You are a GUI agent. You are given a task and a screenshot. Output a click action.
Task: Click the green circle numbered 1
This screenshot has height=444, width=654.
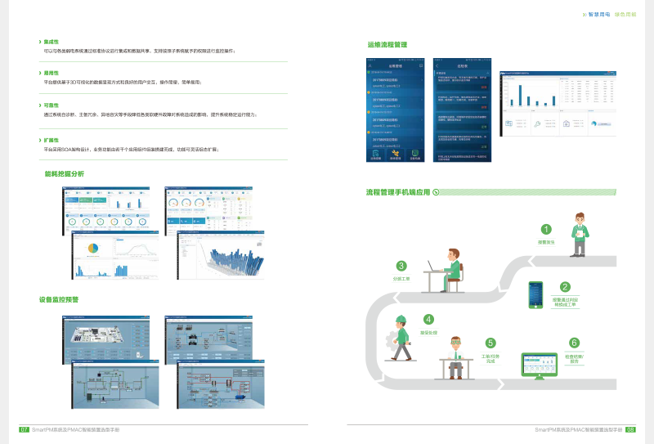point(546,207)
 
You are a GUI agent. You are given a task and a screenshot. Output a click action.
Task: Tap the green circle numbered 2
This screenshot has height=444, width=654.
point(565,287)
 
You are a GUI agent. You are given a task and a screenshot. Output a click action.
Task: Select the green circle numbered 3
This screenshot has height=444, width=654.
point(401,265)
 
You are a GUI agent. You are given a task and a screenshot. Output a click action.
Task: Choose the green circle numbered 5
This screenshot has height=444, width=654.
point(490,343)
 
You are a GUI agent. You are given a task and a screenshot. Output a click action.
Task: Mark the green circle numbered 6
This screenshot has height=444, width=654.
point(575,343)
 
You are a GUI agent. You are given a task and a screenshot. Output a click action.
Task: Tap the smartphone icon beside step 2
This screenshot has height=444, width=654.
point(536,295)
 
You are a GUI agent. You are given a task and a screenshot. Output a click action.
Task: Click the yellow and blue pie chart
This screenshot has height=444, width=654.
point(92,249)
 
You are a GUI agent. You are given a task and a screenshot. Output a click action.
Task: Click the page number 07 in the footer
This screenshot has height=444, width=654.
point(25,428)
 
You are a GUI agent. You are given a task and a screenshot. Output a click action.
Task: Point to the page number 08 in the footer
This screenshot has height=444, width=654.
point(629,428)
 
